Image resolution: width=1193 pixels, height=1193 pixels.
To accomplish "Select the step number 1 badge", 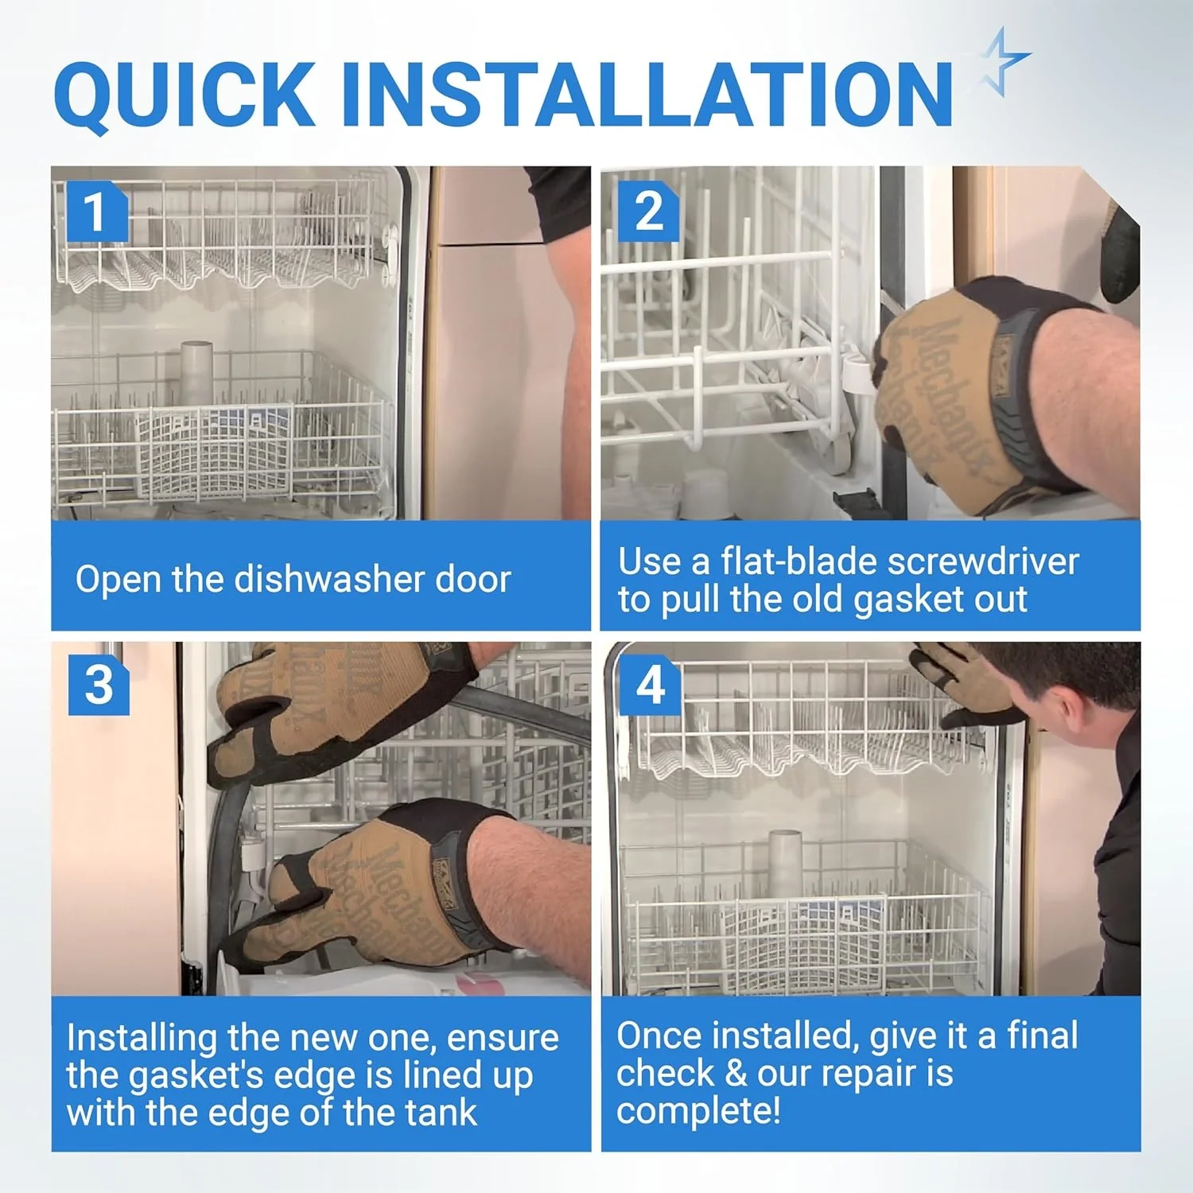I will click(96, 212).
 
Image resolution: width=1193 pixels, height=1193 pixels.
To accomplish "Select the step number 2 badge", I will click(648, 212).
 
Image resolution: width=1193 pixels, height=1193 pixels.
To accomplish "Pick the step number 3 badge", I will click(99, 685).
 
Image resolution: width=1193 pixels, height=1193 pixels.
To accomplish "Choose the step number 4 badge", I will click(651, 685).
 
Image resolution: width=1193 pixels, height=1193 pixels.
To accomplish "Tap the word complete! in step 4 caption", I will click(698, 1110).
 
